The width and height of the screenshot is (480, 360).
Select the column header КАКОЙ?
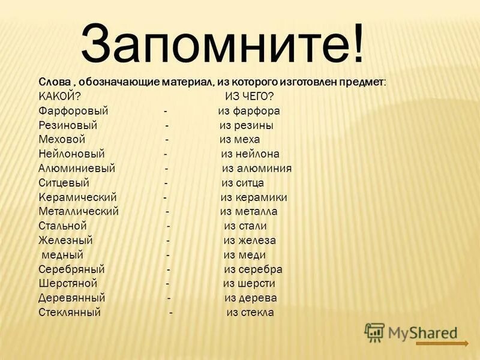click(59, 97)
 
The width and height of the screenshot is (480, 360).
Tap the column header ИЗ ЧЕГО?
click(249, 97)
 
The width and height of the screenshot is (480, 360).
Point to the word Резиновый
click(67, 125)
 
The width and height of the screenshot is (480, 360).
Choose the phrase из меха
click(239, 140)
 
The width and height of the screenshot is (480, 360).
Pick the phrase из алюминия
click(257, 169)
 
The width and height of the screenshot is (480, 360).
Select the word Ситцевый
click(64, 183)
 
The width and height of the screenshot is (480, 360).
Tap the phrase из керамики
click(253, 197)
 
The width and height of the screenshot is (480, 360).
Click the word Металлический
click(78, 212)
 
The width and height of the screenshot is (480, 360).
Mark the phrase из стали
click(245, 226)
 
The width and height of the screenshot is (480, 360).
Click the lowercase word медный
click(62, 255)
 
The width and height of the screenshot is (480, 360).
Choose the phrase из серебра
click(253, 269)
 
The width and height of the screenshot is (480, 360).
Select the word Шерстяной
click(67, 284)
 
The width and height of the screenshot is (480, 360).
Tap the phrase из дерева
click(251, 298)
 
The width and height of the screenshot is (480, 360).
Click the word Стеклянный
click(69, 313)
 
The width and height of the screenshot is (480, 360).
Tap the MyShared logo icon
click(374, 332)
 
